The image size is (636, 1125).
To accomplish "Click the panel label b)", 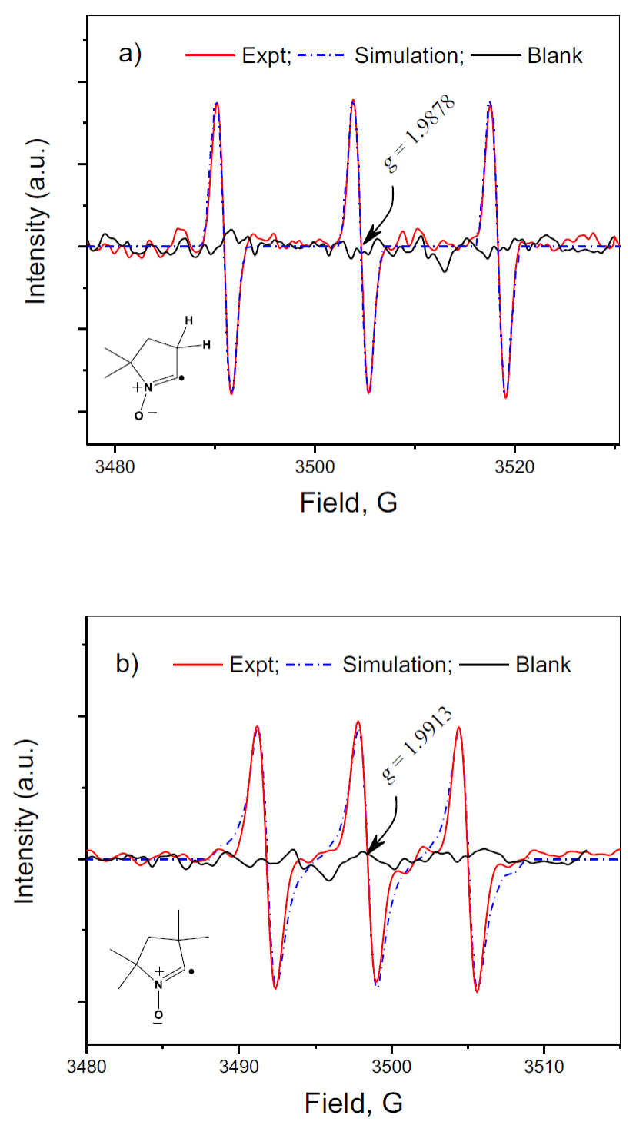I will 128,662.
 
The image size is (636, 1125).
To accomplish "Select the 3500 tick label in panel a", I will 315,466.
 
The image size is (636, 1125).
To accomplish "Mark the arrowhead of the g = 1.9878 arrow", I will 367,240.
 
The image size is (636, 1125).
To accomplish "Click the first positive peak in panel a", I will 217,103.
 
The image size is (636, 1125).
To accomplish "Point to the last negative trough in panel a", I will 506,397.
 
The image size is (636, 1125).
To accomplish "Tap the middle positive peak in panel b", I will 358,722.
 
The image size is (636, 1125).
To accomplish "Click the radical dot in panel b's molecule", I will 191,971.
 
